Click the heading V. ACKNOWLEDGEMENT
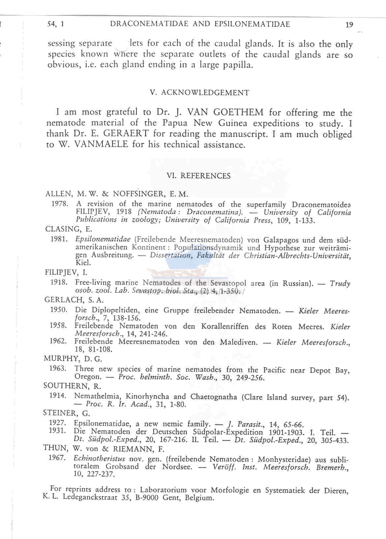(199, 93)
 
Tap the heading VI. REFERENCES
(199, 176)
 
